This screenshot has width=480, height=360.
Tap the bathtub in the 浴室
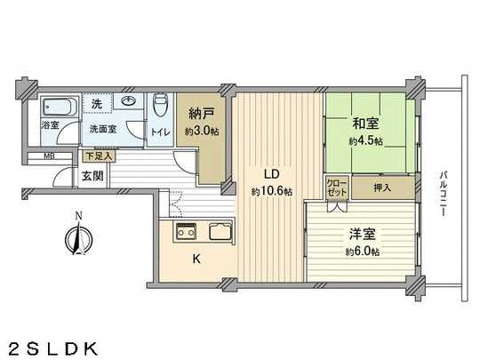coord(53,110)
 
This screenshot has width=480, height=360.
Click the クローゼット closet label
coord(336,188)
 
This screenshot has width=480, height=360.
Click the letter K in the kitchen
coord(198,261)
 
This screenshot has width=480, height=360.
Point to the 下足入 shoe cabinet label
coord(95,156)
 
